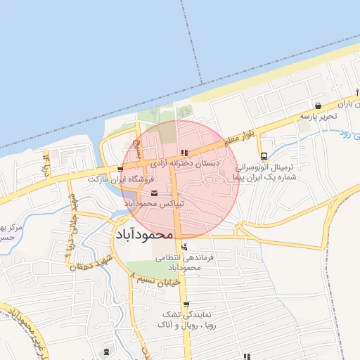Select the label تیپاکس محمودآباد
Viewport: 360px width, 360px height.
click(x=155, y=203)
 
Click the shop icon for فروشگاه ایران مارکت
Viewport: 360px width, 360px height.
click(x=122, y=169)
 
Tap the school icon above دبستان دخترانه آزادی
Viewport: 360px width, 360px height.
click(x=184, y=152)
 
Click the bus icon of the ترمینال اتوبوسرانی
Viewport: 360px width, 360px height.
click(x=264, y=157)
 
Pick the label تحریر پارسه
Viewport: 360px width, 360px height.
click(x=316, y=115)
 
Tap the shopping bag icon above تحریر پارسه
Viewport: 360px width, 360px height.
click(x=319, y=105)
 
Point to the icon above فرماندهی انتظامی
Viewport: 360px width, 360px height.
click(x=184, y=247)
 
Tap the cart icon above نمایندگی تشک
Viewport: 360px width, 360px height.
click(x=186, y=304)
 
